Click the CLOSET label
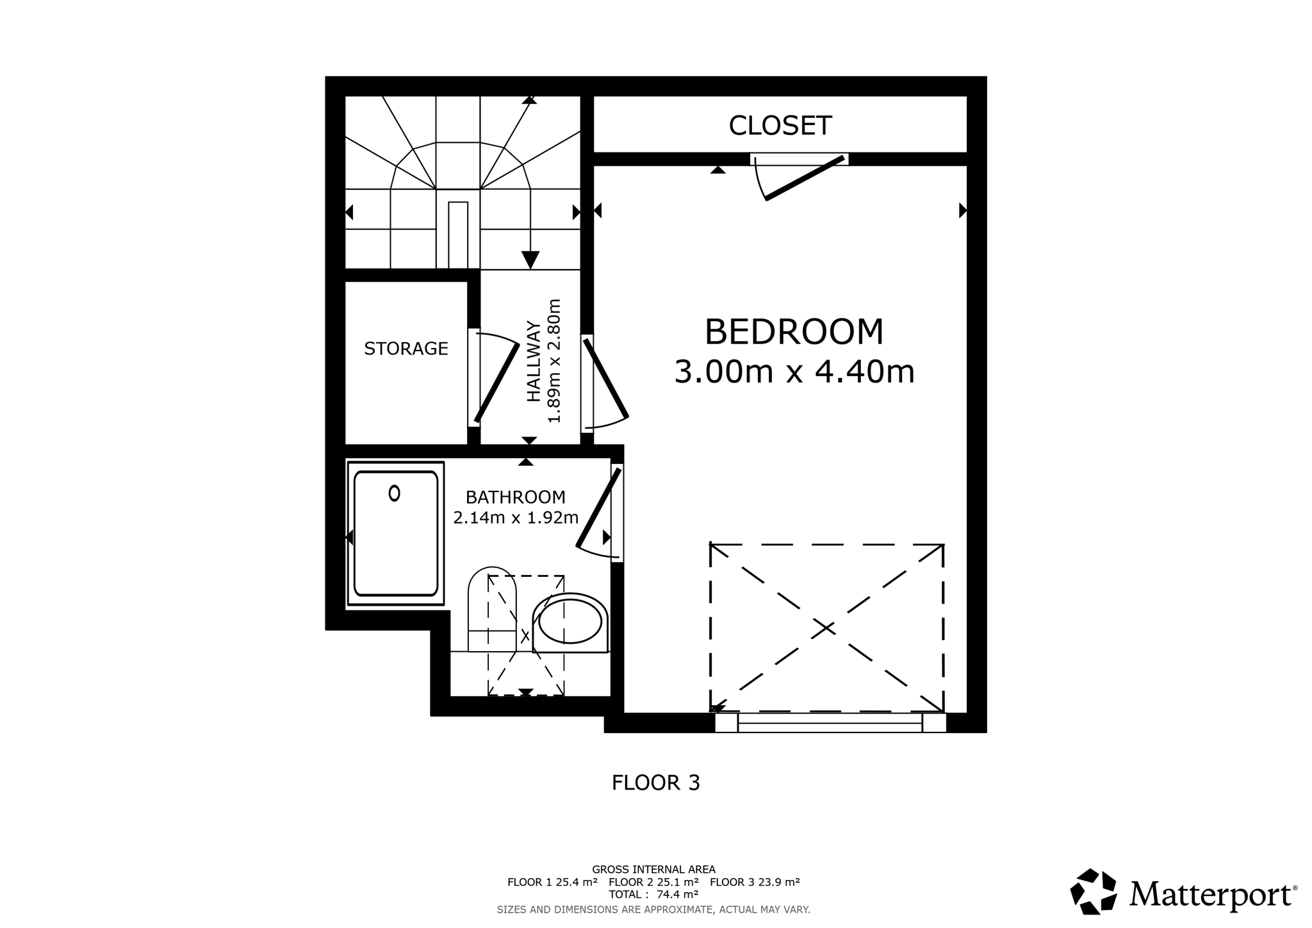tap(780, 126)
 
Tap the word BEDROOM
tap(794, 332)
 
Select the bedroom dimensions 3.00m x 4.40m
tap(794, 372)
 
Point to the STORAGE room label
tap(406, 349)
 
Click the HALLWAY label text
tap(534, 361)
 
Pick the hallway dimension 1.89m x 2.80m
tap(554, 361)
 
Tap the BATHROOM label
tap(516, 497)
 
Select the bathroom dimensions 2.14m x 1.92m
tap(516, 518)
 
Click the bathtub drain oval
tap(395, 493)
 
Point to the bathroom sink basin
tap(570, 622)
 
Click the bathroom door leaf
tap(598, 508)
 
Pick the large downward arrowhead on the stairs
tap(530, 260)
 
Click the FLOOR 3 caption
tap(656, 783)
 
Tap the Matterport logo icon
tap(1093, 891)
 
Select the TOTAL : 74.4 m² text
tap(653, 894)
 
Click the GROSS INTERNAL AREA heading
tap(653, 870)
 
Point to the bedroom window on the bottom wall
tap(830, 723)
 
